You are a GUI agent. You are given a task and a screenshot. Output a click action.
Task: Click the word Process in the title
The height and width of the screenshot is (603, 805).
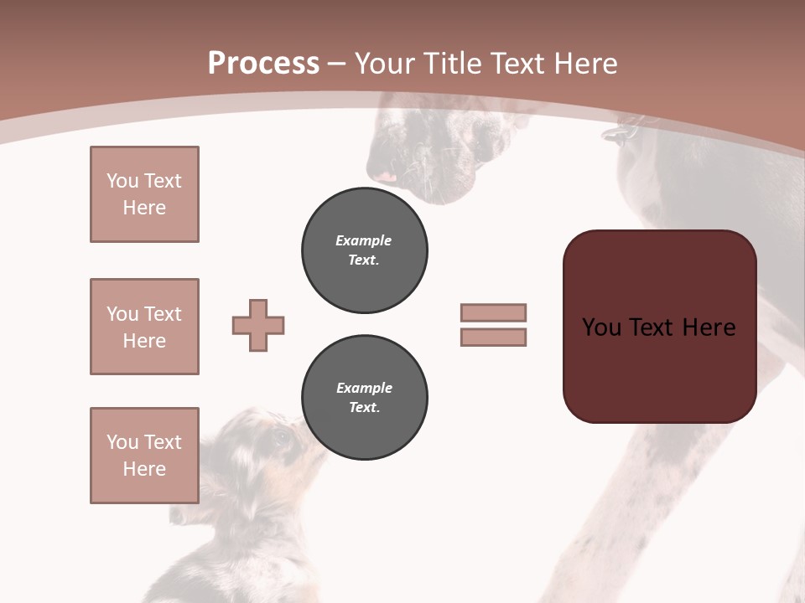263,64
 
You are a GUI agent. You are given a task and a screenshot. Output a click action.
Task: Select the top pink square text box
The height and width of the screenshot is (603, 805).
144,194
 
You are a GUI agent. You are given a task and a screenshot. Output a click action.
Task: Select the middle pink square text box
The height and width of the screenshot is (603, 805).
144,327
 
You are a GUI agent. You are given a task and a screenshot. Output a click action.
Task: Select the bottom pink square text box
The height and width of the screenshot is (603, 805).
144,455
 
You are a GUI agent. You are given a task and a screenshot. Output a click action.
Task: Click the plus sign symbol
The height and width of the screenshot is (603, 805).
258,326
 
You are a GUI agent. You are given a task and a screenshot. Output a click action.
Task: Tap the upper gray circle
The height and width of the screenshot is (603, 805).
364,250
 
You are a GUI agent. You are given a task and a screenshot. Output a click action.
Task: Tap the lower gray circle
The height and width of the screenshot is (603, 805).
364,398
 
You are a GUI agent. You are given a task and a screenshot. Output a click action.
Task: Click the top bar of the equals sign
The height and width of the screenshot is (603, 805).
493,313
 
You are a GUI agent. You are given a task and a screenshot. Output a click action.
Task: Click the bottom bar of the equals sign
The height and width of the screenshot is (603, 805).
493,338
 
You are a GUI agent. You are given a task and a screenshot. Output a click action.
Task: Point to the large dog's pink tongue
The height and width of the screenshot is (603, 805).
385,177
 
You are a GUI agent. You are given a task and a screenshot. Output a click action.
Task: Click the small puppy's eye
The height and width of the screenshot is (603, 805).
282,435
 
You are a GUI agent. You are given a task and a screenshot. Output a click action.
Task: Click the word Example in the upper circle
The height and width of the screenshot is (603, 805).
364,240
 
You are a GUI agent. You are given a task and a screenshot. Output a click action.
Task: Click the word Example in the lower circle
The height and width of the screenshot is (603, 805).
364,388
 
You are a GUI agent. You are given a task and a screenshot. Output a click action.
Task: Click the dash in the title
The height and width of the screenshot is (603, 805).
337,64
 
